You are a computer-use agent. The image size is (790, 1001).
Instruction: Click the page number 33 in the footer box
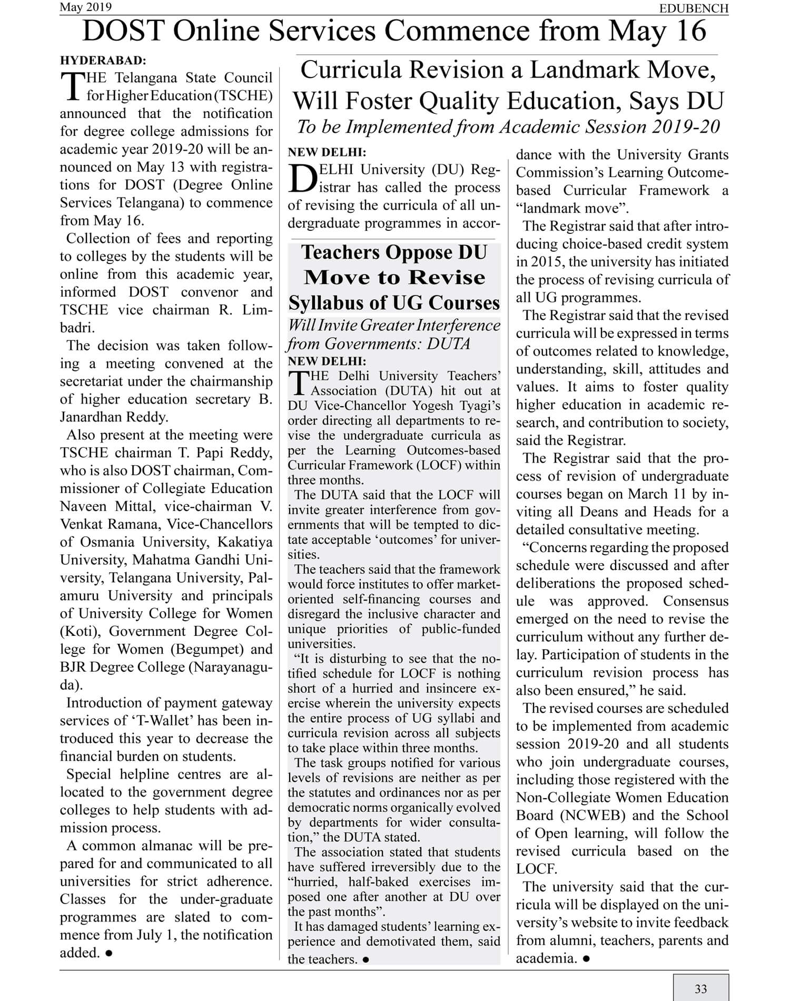(x=700, y=989)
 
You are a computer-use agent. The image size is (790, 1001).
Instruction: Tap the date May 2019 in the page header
(x=86, y=7)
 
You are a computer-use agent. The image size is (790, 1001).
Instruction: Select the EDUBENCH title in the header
(x=694, y=8)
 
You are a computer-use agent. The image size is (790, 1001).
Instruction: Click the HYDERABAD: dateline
(x=103, y=60)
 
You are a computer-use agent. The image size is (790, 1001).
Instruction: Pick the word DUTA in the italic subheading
(x=448, y=344)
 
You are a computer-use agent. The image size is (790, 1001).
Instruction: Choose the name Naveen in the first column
(x=83, y=506)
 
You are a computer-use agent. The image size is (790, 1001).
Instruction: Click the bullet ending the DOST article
(x=108, y=953)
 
